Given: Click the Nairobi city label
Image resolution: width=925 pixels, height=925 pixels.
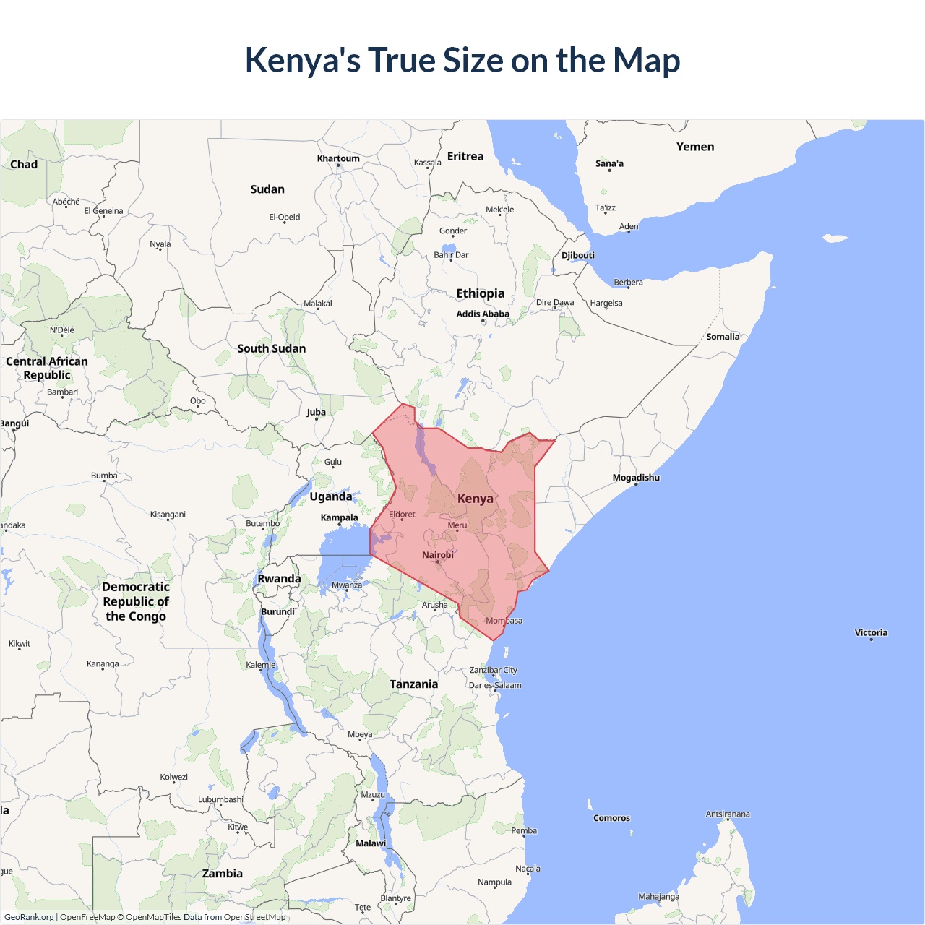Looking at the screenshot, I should pos(438,555).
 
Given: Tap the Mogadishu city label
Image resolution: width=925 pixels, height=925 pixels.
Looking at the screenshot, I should pos(636,478).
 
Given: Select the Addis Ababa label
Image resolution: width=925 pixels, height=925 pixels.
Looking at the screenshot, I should pos(483,314).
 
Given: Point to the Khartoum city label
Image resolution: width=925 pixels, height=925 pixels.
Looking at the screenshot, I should pos(338,158).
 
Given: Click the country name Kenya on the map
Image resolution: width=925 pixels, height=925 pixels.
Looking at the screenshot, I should pos(476,499).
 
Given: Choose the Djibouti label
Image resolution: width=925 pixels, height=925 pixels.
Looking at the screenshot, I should pos(578,255).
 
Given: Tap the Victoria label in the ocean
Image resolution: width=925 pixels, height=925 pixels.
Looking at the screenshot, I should pos(871,632).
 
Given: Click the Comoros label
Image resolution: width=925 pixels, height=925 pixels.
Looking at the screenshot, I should pos(611,818).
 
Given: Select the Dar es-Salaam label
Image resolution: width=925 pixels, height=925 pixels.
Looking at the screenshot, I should pos(495,685).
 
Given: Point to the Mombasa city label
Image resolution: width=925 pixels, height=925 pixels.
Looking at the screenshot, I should pos(504,621).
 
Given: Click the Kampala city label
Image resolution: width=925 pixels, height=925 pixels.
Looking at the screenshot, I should pos(340,517).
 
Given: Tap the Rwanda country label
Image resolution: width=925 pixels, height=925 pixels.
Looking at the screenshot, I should pos(279,579).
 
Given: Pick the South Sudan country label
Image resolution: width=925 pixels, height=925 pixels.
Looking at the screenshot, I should pos(272,348).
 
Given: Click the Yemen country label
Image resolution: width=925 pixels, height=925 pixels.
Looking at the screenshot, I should pos(695,147).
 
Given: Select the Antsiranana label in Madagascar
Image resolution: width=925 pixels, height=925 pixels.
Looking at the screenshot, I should pos(728,814).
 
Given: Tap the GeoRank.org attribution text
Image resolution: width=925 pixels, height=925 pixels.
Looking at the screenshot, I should pos(29,917).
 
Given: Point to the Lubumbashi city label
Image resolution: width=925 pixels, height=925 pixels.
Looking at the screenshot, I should pos(220,799).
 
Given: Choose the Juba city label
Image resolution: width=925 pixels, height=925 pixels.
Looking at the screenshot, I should pos(316,412).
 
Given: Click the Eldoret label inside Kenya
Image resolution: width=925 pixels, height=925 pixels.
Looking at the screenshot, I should pos(403,515).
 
